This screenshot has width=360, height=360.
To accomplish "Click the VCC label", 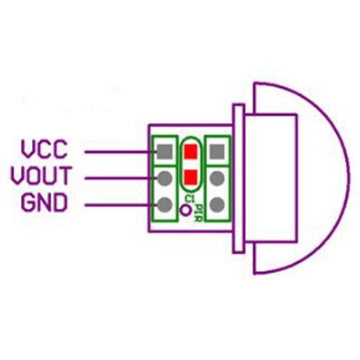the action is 44,149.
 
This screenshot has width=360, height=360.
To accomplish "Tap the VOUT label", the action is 41,175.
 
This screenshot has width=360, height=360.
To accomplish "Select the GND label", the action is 44,203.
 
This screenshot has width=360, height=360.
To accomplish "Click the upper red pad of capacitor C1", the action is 190,152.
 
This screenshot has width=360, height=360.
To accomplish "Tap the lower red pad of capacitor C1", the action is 190,177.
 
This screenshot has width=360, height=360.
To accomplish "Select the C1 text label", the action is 189,199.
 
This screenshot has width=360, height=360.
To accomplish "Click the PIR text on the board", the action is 199,213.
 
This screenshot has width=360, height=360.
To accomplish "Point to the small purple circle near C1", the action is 185,210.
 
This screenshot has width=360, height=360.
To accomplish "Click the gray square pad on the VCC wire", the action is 165,152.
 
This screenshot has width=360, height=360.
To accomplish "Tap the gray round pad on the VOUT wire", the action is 165,178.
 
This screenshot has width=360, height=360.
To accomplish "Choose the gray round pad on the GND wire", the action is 165,205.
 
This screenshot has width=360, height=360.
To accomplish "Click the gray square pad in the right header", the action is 217,152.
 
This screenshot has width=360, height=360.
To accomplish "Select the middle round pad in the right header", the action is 217,178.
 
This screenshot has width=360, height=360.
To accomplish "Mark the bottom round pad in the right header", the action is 217,205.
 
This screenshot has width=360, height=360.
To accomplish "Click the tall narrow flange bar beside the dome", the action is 239,178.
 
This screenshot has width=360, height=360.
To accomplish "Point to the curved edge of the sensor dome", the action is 348,178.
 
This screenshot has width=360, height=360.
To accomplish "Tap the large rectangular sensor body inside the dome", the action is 271,178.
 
